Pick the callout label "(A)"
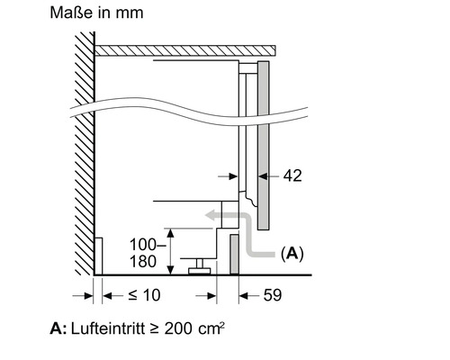tap(292, 255)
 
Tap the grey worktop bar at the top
tap(184, 50)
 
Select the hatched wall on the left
tap(83, 153)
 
